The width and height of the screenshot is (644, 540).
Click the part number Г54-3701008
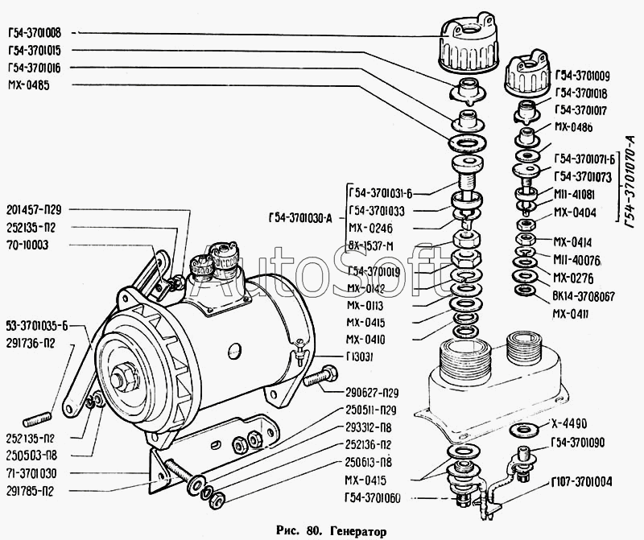coord(38,33)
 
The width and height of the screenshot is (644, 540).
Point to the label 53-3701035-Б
coord(38,326)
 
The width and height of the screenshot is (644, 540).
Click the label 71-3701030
coord(35,473)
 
